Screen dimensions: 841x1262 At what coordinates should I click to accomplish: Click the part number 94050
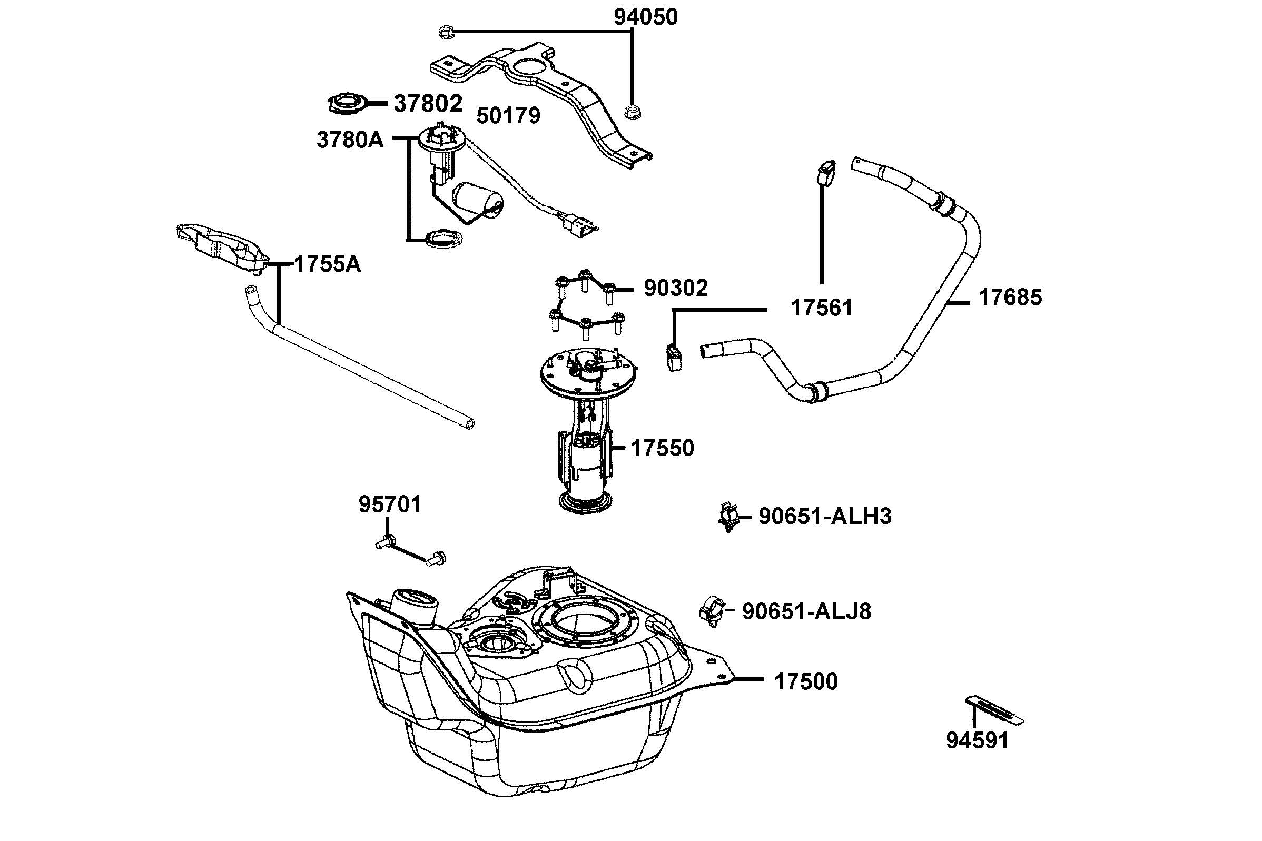coord(645,17)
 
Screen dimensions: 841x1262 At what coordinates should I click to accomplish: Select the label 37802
coord(428,104)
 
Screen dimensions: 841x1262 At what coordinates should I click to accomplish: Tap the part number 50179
coord(508,115)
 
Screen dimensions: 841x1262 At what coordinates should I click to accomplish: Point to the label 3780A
coord(350,140)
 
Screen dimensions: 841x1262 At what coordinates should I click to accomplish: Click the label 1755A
coord(328,264)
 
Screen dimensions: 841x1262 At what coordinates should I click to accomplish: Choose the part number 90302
coord(675,288)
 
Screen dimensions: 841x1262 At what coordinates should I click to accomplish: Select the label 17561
coord(821,308)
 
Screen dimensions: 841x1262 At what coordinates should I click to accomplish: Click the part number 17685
coord(1010,297)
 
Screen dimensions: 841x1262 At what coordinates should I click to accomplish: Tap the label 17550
coord(662,448)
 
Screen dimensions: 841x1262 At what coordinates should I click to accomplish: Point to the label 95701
coord(390,504)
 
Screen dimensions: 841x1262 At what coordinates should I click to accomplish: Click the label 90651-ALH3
coord(825,516)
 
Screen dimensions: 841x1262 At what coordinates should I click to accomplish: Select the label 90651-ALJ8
coord(806,611)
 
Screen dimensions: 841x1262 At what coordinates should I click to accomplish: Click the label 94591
coord(977,741)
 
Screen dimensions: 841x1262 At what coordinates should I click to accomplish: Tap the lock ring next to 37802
coord(347,103)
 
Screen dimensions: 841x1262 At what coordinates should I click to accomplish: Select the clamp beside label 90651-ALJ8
coord(712,611)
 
